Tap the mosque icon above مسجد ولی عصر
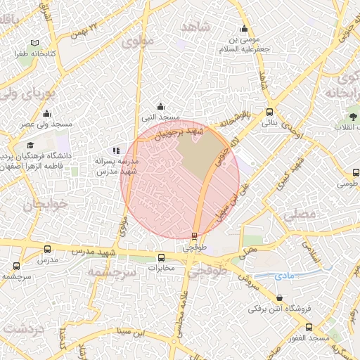(x=47, y=113)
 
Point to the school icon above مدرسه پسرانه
(x=116, y=150)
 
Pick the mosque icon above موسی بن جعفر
(x=244, y=28)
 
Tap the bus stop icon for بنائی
(x=269, y=112)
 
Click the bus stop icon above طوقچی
(x=194, y=236)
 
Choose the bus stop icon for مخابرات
(x=162, y=257)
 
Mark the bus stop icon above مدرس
(x=48, y=249)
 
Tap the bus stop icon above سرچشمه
(x=17, y=266)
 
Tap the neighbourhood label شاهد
(x=195, y=27)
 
